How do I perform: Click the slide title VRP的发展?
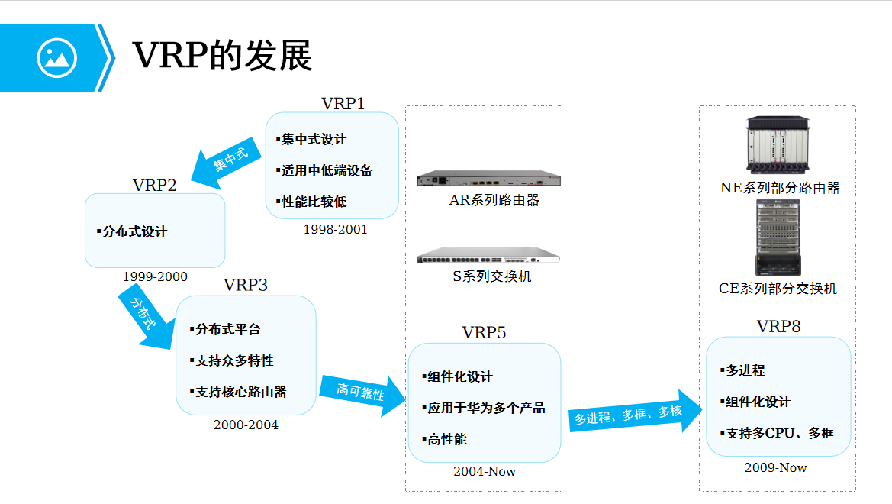[222, 56]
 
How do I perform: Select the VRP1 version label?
[343, 103]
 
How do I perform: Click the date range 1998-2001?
[335, 229]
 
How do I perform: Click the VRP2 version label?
[154, 185]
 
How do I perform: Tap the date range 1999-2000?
[155, 276]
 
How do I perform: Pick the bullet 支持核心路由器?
[240, 392]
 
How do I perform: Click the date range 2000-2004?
[246, 425]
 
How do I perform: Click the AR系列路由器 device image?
[488, 180]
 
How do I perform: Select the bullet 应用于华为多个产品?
[486, 408]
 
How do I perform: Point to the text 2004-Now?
[485, 471]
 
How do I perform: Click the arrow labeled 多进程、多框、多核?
[633, 414]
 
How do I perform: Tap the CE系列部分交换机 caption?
[778, 289]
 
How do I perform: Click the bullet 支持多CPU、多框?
[779, 433]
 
